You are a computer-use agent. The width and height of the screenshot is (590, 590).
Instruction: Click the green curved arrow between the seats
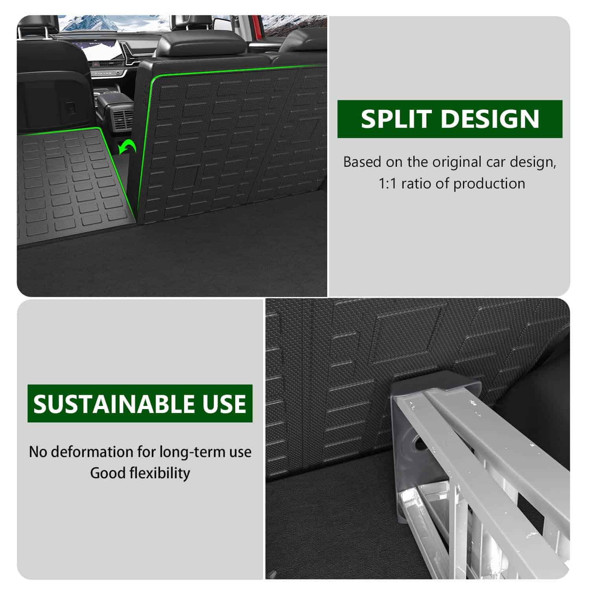point(128,149)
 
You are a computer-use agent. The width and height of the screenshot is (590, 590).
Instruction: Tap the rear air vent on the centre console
point(123,118)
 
